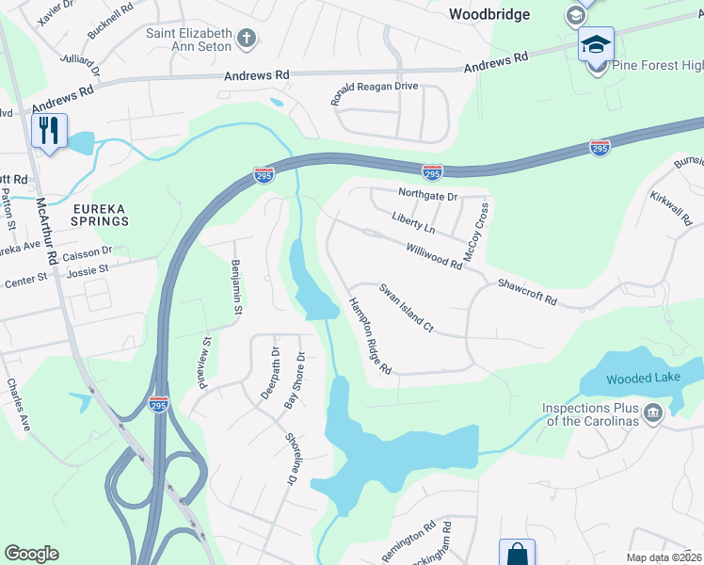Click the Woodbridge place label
pyautogui.click(x=488, y=14)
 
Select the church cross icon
pyautogui.click(x=247, y=39)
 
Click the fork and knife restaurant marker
pyautogui.click(x=49, y=129)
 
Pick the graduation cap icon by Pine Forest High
pyautogui.click(x=596, y=43)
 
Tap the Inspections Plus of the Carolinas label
pyautogui.click(x=589, y=414)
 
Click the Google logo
pyautogui.click(x=31, y=554)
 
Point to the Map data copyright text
pyautogui.click(x=664, y=557)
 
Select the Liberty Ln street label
pyautogui.click(x=413, y=222)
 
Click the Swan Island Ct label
pyautogui.click(x=405, y=307)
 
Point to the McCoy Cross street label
pyautogui.click(x=476, y=232)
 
